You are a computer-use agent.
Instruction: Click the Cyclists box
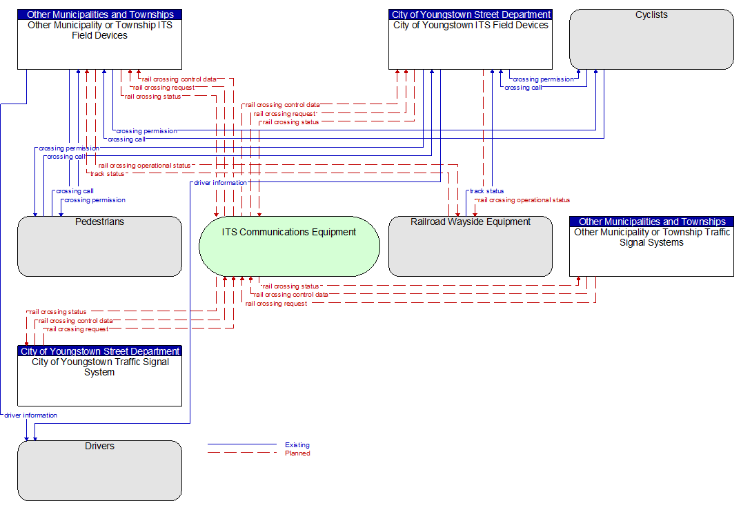click(651, 39)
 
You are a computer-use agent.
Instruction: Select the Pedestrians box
click(100, 246)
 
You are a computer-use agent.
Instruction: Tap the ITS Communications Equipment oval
click(289, 246)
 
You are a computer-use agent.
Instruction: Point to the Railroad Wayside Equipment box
click(471, 246)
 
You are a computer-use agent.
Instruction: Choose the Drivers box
click(100, 471)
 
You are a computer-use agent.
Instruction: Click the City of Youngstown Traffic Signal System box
click(100, 375)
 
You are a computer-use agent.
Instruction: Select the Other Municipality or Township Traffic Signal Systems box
click(651, 246)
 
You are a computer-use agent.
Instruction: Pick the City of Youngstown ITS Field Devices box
click(471, 39)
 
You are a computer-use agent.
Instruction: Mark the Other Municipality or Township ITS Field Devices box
click(100, 39)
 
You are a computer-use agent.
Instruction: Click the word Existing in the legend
click(297, 444)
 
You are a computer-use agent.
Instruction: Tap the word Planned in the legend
click(298, 453)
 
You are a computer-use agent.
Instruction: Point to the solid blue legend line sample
click(242, 444)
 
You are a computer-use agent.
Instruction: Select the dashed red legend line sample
click(242, 453)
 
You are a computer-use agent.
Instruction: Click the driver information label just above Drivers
click(31, 415)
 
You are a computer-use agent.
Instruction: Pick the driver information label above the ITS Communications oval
click(220, 182)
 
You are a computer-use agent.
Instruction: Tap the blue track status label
click(486, 191)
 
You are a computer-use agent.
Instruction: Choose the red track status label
click(107, 174)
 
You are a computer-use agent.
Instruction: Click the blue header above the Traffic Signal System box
click(100, 351)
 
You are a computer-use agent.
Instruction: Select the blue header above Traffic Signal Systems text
click(652, 222)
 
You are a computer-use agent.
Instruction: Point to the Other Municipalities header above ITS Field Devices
click(100, 14)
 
